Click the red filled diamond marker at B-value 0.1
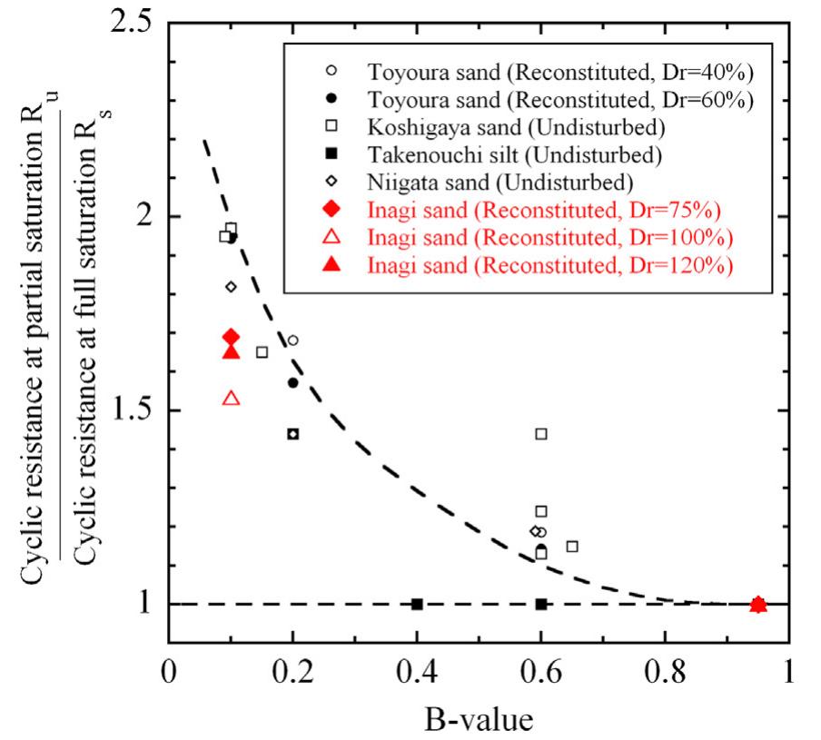tap(231, 337)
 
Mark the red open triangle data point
tap(231, 398)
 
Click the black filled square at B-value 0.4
tap(418, 604)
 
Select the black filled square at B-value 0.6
tap(541, 604)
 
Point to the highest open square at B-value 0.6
tap(541, 434)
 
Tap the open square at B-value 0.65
tap(572, 546)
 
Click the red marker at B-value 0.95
tap(759, 605)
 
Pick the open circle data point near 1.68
tap(292, 340)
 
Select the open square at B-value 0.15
tap(262, 352)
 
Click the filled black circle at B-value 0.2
tap(292, 382)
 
